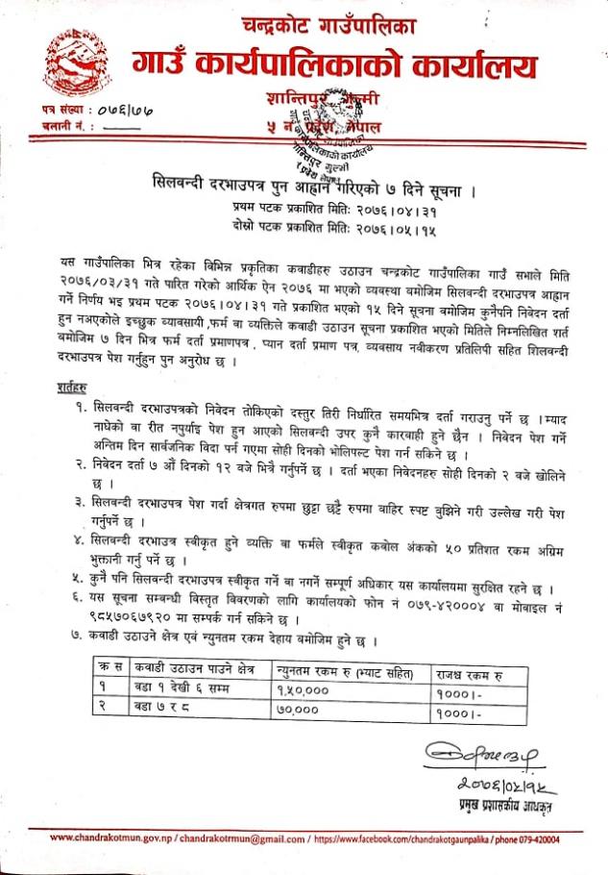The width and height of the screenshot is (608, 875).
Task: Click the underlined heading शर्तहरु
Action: (x=65, y=387)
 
